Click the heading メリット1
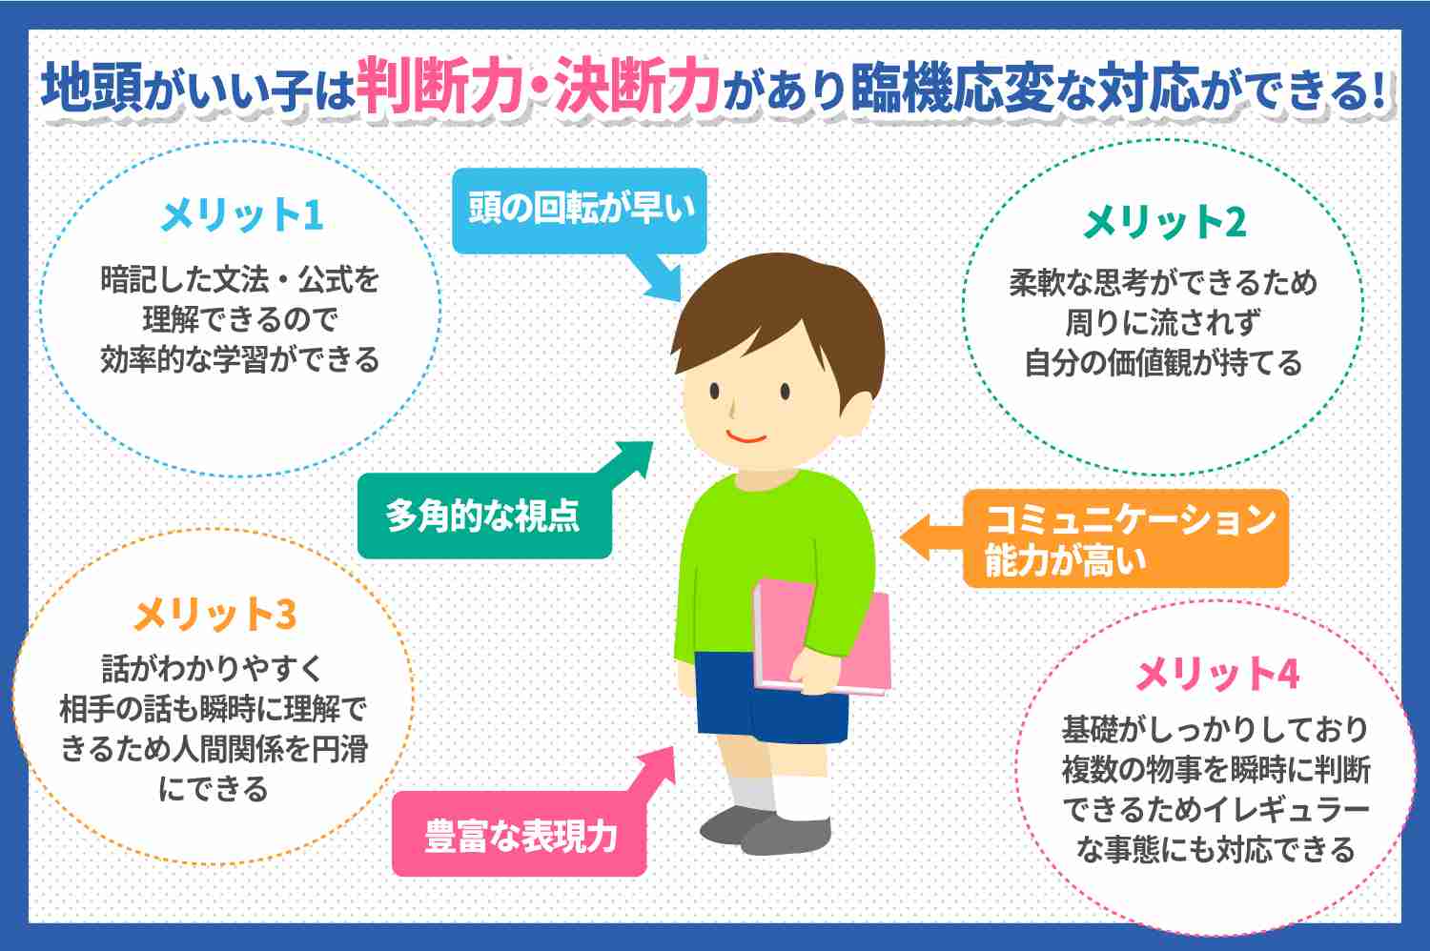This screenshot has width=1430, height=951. (x=242, y=215)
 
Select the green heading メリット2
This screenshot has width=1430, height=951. (x=1164, y=222)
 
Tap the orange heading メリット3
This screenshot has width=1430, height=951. (x=215, y=614)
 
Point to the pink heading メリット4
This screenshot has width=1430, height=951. (x=1217, y=674)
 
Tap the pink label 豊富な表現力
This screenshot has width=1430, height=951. (x=520, y=834)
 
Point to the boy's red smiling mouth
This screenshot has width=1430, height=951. (x=746, y=437)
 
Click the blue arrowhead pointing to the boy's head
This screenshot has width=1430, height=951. (x=664, y=281)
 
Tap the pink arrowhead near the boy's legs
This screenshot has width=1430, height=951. (x=659, y=764)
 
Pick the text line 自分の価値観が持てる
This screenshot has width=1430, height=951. (x=1163, y=362)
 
